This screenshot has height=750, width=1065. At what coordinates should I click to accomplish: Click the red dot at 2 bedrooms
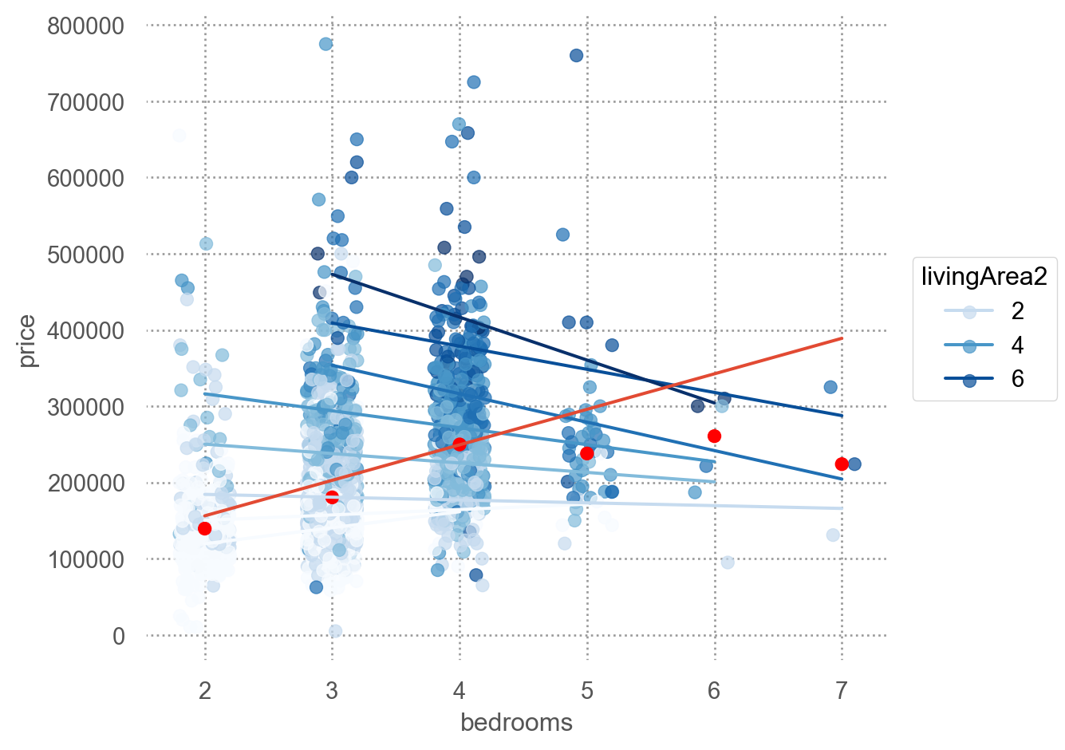[x=204, y=528]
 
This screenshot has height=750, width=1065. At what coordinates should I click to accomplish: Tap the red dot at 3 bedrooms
[x=332, y=497]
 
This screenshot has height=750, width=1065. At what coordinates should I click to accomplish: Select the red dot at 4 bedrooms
[x=460, y=444]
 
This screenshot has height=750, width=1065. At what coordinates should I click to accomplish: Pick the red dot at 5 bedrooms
[x=587, y=453]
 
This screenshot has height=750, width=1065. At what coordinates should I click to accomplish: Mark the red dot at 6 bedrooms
[x=714, y=436]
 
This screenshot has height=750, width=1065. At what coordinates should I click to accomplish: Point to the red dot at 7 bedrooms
[x=842, y=464]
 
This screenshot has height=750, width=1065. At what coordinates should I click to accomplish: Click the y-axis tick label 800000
[x=86, y=26]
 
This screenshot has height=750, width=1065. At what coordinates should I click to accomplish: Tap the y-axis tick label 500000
[x=86, y=255]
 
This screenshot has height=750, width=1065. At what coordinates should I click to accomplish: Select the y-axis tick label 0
[x=118, y=636]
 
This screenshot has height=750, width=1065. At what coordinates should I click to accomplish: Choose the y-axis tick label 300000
[x=86, y=407]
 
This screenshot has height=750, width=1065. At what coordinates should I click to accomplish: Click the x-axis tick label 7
[x=842, y=690]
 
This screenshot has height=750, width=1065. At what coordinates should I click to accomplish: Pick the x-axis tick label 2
[x=205, y=690]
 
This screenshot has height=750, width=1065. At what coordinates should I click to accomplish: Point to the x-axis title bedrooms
[x=516, y=723]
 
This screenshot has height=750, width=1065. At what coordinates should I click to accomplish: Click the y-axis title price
[x=28, y=341]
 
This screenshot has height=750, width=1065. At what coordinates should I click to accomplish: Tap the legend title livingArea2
[x=984, y=277]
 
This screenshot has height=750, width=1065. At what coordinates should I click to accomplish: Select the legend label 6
[x=1017, y=379]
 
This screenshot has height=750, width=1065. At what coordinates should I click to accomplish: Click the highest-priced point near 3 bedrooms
[x=325, y=44]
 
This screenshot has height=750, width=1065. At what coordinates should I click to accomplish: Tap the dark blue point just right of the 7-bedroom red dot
[x=854, y=464]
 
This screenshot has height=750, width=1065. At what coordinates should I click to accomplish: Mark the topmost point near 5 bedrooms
[x=576, y=55]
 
